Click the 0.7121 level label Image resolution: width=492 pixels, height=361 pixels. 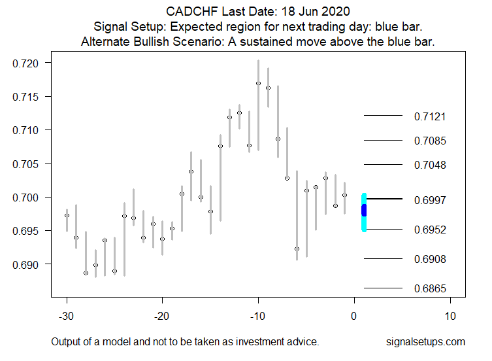click(429, 117)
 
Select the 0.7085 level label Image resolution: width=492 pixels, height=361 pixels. click(429, 141)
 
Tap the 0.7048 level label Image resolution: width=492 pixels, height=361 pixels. click(429, 165)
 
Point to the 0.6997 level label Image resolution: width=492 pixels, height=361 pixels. click(429, 199)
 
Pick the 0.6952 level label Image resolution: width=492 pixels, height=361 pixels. click(429, 230)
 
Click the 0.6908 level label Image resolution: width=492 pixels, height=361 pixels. click(429, 260)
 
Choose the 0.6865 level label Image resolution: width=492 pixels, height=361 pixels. click(429, 288)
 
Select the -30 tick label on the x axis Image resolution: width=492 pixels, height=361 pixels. click(67, 315)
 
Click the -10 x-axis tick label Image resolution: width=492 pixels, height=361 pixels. click(258, 315)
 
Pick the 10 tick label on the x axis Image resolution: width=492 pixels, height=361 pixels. click(450, 315)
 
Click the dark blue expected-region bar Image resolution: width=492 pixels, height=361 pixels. click(364, 210)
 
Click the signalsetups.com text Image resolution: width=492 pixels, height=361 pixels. click(425, 341)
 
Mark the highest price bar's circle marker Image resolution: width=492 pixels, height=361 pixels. click(259, 83)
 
